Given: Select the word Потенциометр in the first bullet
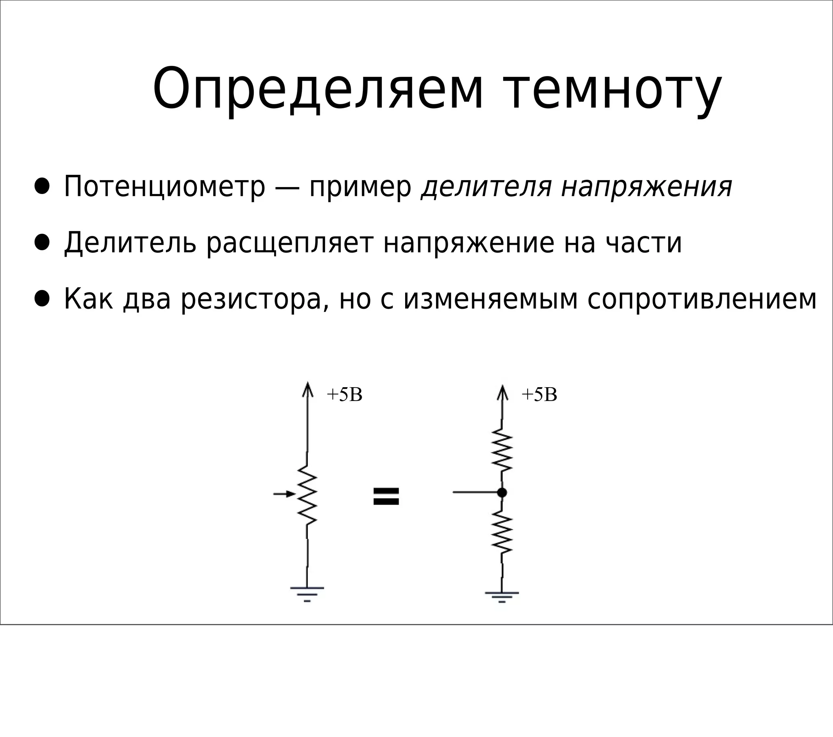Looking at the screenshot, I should coord(165,187).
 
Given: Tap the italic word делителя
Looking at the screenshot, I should coord(486,187).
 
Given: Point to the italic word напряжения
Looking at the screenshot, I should coord(647,187).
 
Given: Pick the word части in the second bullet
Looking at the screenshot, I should coord(644,243).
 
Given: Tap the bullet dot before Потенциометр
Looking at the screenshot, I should coord(42,186).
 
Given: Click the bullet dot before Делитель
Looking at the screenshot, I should coord(42,242).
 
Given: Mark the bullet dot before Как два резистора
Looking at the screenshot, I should coord(42,299).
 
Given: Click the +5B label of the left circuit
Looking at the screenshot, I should coord(345,395).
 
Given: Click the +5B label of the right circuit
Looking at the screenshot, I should coord(539,395).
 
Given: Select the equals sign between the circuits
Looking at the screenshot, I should coord(386,497).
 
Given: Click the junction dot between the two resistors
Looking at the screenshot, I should coord(502,493).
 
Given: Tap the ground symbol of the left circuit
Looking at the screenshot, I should coord(307,594).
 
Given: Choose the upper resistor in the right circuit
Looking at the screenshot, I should coord(502,450).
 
